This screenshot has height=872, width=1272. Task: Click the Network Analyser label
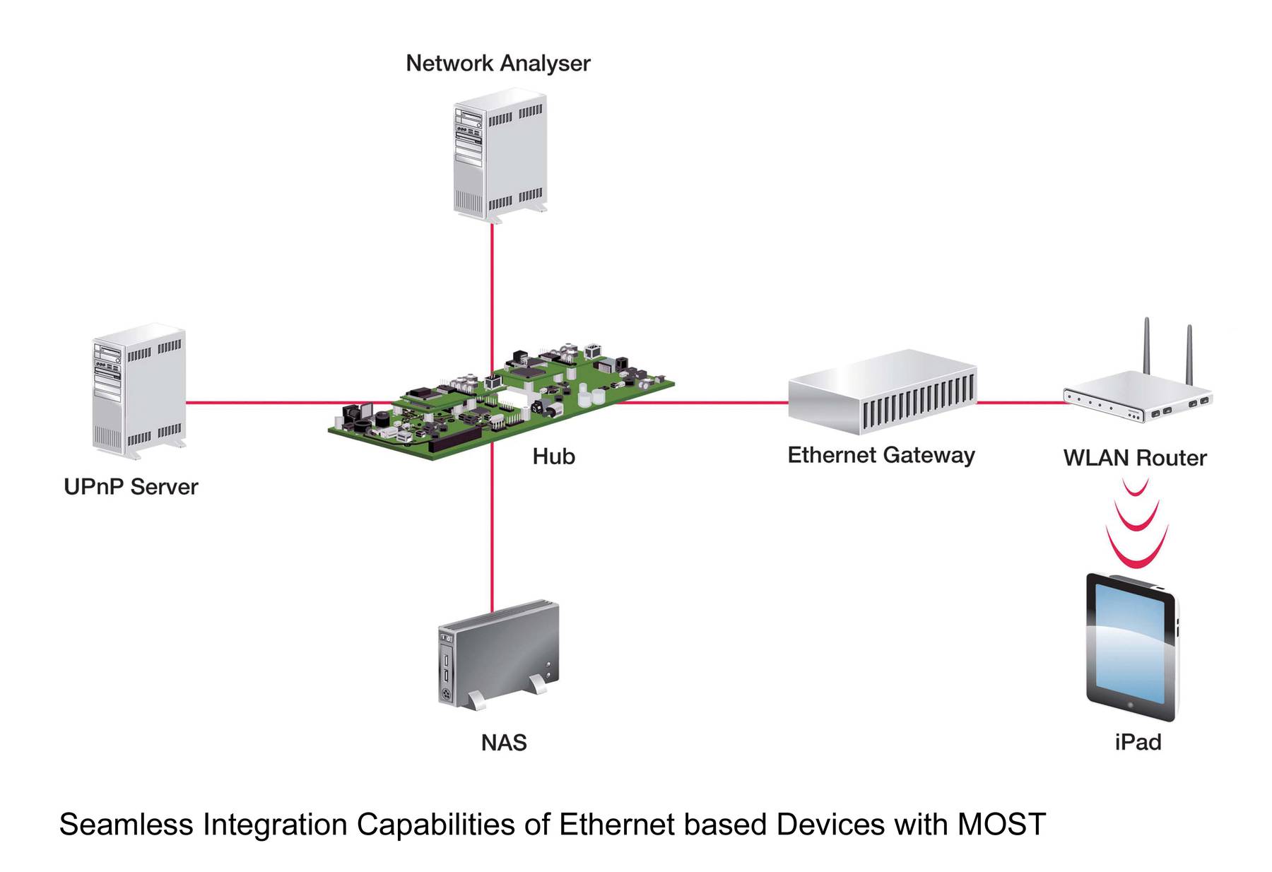(497, 64)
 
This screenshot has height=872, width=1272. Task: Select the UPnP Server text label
(131, 487)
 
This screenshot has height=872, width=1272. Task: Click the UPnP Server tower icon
(139, 389)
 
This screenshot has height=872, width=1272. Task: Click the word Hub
(553, 456)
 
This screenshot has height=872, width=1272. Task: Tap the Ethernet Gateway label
(881, 455)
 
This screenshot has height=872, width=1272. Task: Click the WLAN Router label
(1135, 458)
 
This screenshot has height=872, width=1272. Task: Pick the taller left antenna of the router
(1147, 346)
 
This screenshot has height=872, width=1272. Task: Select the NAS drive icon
(499, 654)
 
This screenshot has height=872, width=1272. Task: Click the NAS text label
(504, 743)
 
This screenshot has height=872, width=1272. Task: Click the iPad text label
(1138, 742)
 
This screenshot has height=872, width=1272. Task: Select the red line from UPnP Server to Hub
(261, 403)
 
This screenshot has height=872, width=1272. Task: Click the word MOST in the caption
(1001, 825)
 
